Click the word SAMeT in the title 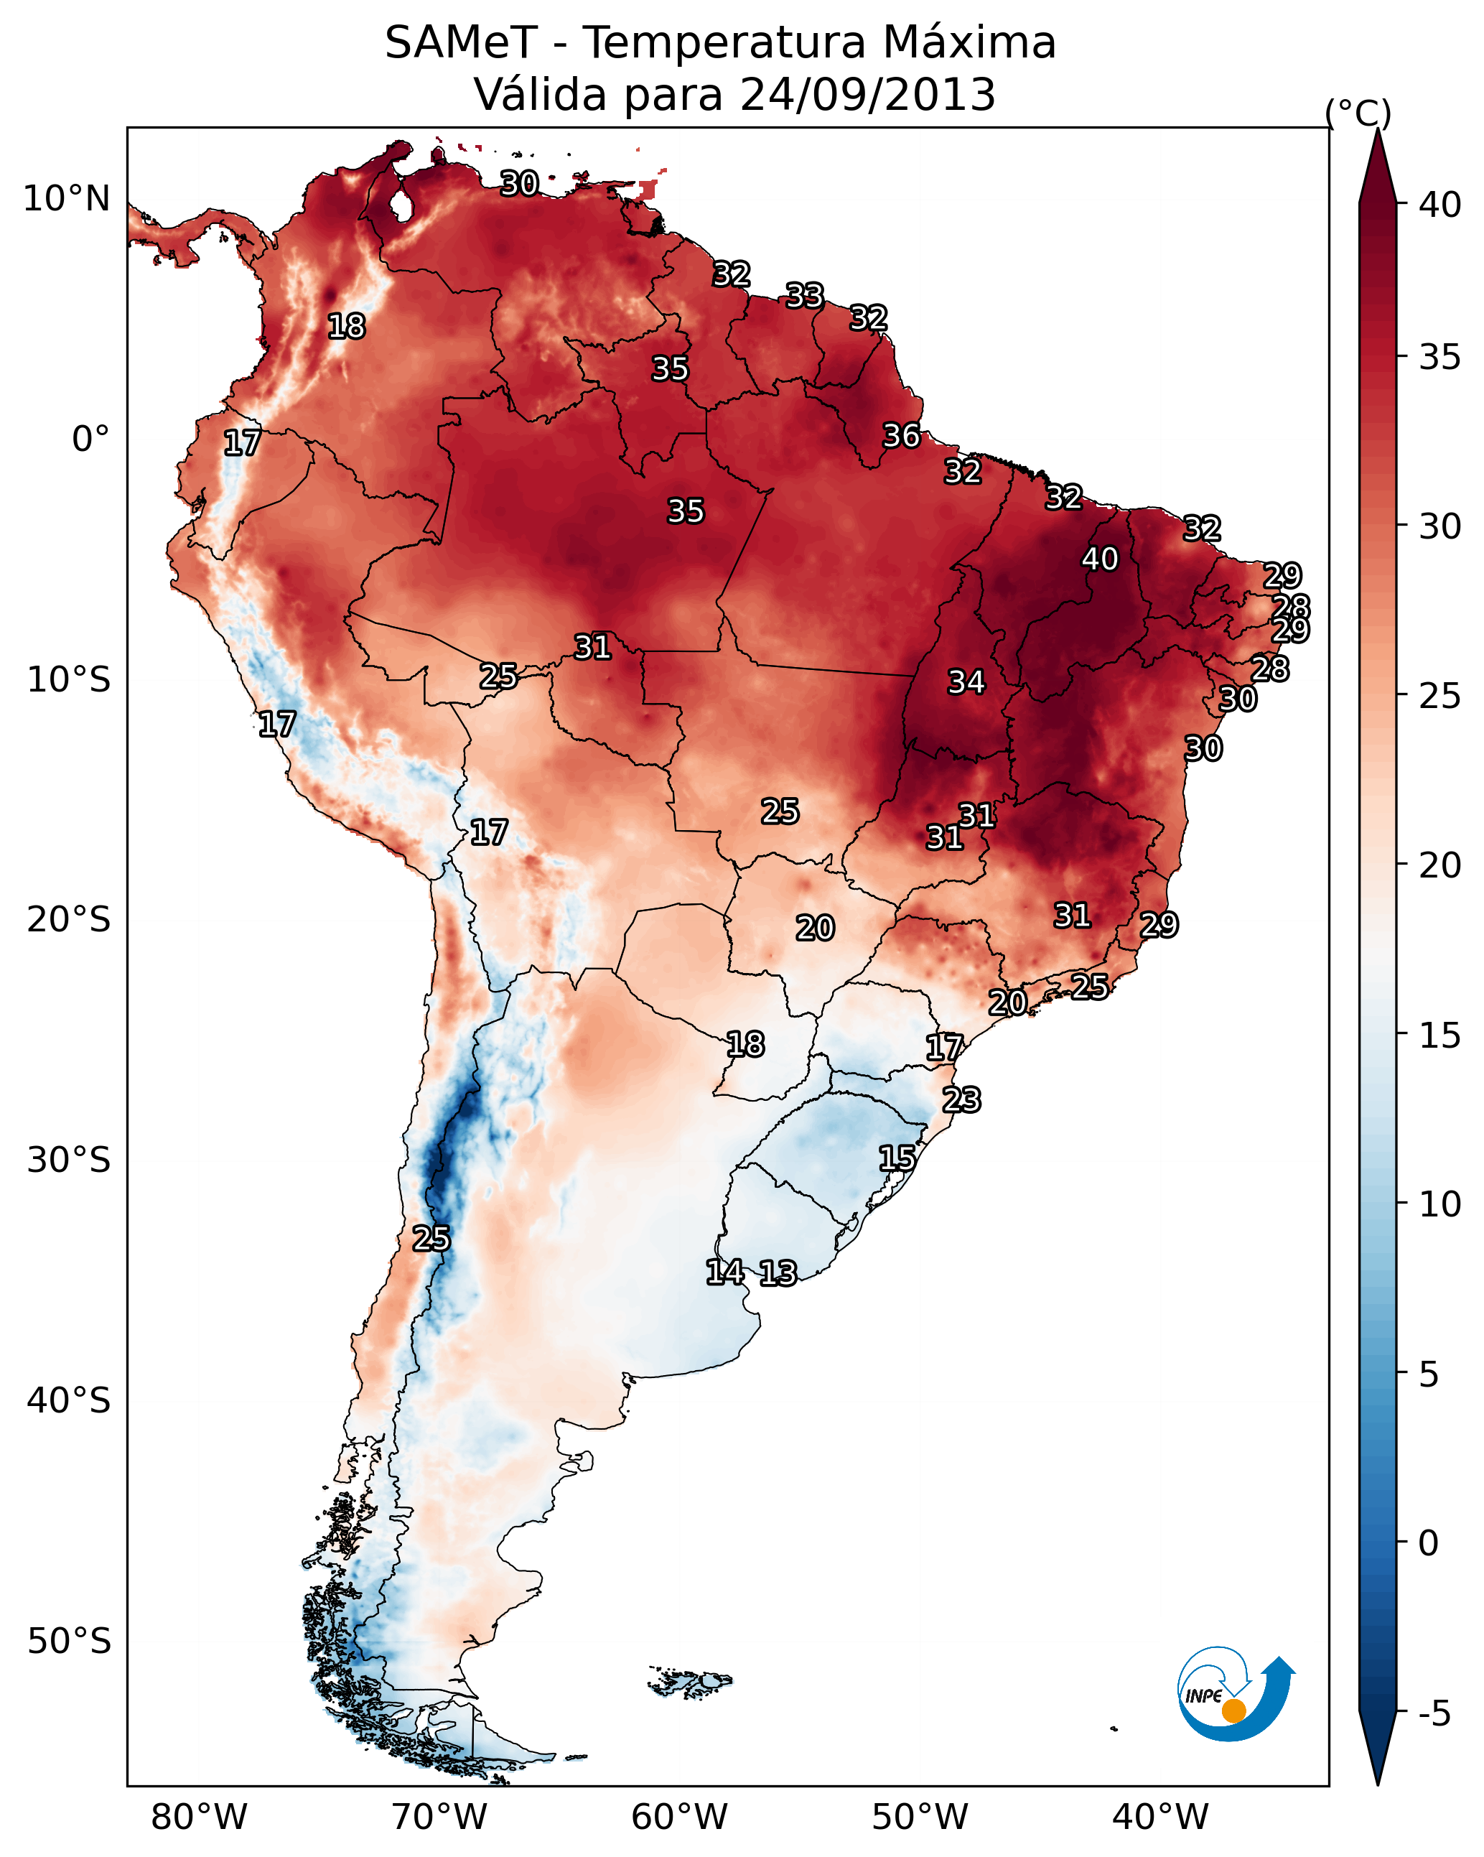461,43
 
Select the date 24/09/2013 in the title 867,95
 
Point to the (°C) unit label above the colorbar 1358,113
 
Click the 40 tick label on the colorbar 1440,205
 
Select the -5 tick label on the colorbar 1435,1714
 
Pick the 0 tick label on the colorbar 1429,1545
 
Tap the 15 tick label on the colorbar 1440,1036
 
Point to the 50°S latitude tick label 69,1642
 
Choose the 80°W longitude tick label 199,1818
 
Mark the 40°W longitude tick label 1160,1818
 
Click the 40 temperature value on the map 1100,559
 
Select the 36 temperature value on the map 902,436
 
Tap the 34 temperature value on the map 966,682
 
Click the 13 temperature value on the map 778,1273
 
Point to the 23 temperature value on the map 961,1100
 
